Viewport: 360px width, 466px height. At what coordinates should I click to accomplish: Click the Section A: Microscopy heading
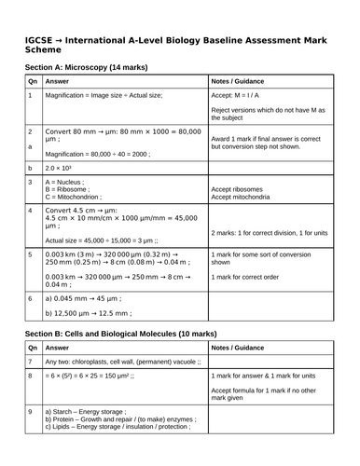[x=88, y=67]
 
